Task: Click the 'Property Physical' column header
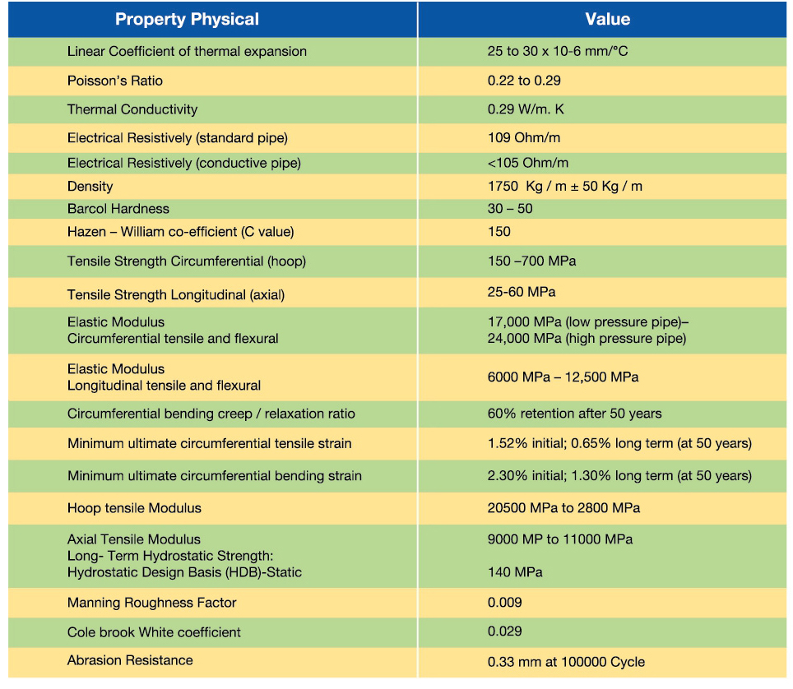(187, 20)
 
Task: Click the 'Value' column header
(607, 20)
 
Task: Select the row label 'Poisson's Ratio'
(115, 81)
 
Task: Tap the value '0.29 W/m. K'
(526, 109)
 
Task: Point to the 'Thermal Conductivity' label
(132, 109)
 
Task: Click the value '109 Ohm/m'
(523, 137)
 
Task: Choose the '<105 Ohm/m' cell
(527, 163)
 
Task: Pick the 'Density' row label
(90, 186)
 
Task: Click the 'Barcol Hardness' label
(118, 209)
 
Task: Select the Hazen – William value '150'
(499, 232)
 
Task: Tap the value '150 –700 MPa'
(531, 261)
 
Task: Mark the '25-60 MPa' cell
(522, 292)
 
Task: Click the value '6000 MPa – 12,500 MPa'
(563, 377)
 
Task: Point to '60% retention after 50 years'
(574, 414)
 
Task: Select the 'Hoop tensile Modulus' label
(134, 508)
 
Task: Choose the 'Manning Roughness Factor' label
(151, 603)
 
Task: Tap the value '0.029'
(504, 631)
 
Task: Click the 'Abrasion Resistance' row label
(130, 660)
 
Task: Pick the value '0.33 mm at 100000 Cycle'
(566, 662)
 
